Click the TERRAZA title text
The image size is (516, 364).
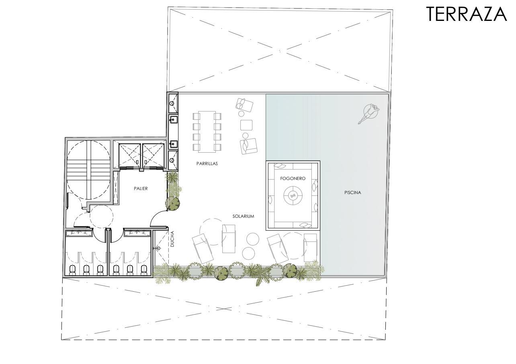click(x=467, y=14)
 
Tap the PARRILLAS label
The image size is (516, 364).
click(x=207, y=164)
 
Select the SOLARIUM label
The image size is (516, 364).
click(x=243, y=216)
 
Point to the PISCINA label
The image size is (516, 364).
click(x=353, y=192)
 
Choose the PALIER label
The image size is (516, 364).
click(x=141, y=188)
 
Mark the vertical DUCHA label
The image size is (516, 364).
click(x=172, y=239)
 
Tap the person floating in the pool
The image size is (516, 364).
click(x=369, y=114)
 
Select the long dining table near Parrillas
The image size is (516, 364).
click(x=207, y=132)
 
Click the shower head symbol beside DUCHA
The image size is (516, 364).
click(x=158, y=248)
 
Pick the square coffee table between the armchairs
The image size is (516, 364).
click(x=246, y=125)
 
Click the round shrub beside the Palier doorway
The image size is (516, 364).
click(x=172, y=203)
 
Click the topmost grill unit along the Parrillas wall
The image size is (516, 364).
click(x=173, y=103)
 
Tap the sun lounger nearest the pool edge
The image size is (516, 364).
click(x=311, y=247)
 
